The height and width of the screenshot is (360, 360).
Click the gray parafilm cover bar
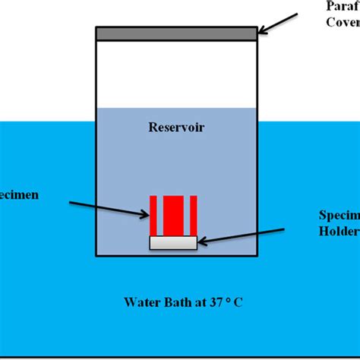(x=176, y=33)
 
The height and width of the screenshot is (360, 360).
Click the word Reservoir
(x=176, y=127)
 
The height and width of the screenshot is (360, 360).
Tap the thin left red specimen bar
(x=153, y=216)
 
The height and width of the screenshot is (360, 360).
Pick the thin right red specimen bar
(x=194, y=216)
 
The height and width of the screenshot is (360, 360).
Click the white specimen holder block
(x=174, y=243)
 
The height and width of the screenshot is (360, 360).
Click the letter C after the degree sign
(x=238, y=302)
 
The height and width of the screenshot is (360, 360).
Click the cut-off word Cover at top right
(x=343, y=22)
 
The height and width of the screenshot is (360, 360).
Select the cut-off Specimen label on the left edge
(x=18, y=195)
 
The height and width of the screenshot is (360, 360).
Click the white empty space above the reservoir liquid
(x=176, y=72)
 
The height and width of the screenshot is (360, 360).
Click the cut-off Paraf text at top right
(x=343, y=7)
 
